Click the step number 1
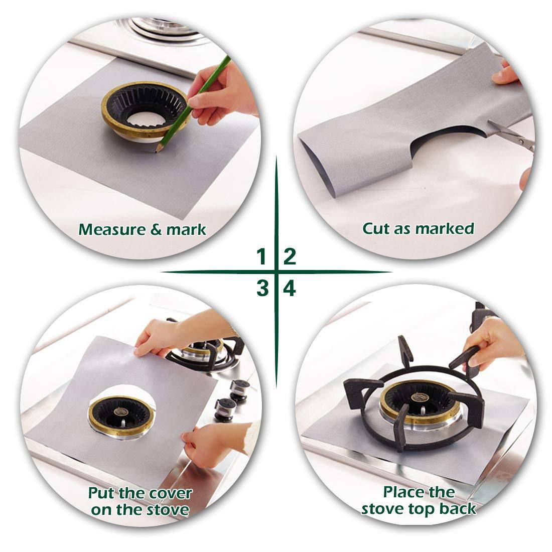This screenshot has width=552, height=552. (260, 257)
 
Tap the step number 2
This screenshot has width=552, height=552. (290, 257)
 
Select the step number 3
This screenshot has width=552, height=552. (261, 289)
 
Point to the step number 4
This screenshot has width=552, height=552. (290, 289)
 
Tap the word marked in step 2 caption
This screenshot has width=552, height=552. (444, 229)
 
